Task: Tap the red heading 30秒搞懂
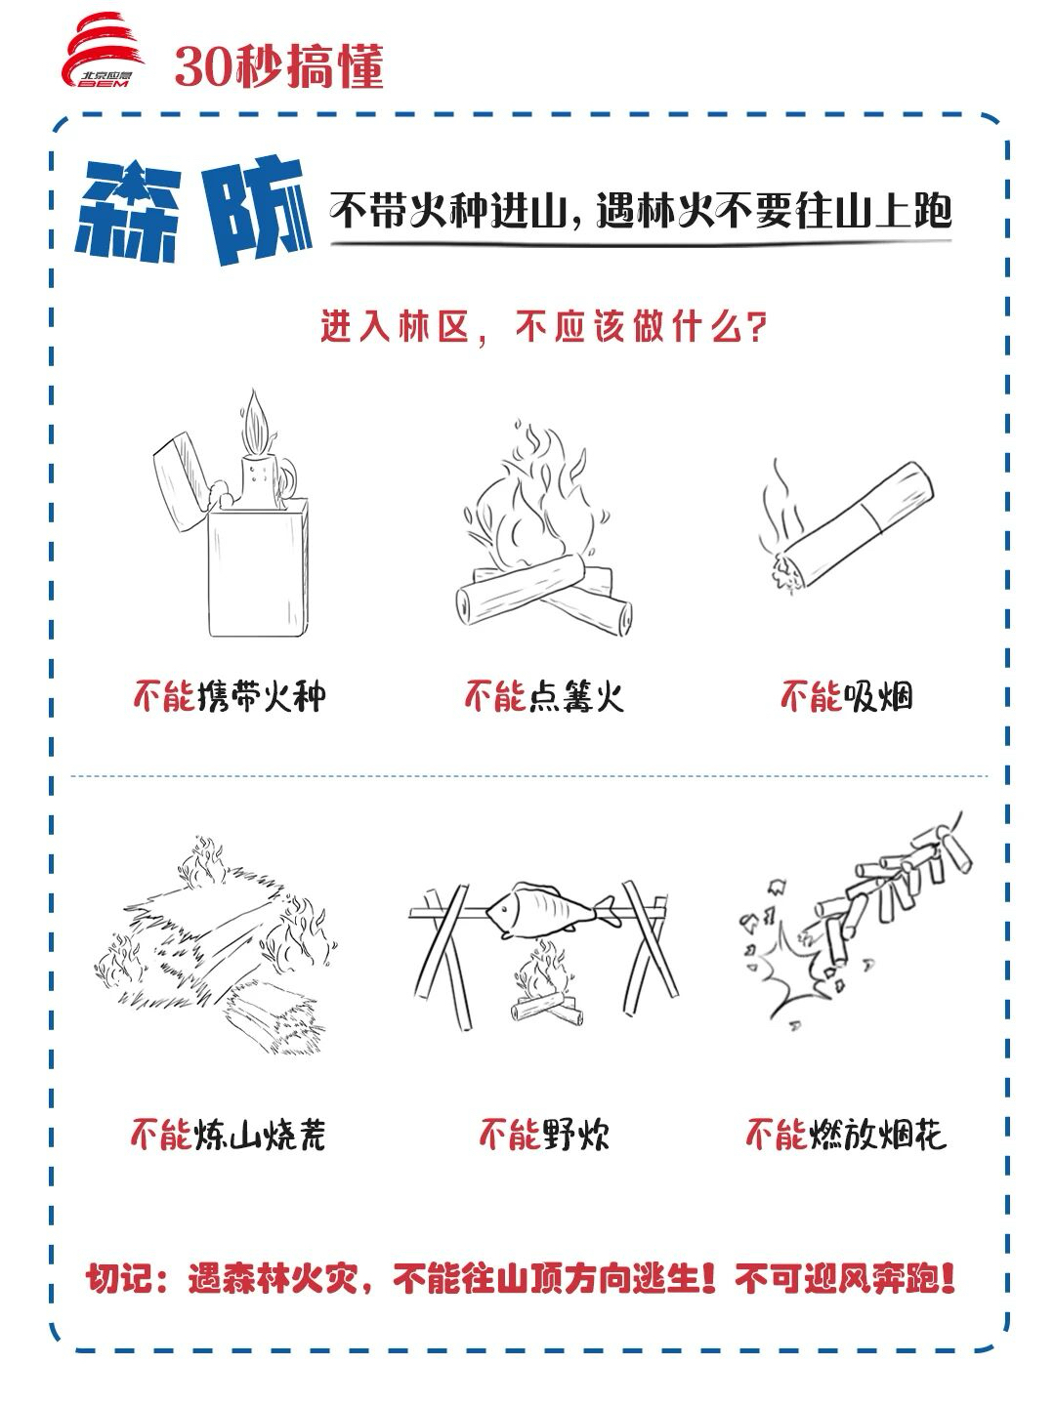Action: [x=279, y=66]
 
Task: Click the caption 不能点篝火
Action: [x=543, y=696]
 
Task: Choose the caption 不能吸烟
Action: [x=846, y=696]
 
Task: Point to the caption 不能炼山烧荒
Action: [x=229, y=1135]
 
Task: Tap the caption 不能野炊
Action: [x=543, y=1135]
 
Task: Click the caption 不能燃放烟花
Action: [x=846, y=1135]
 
